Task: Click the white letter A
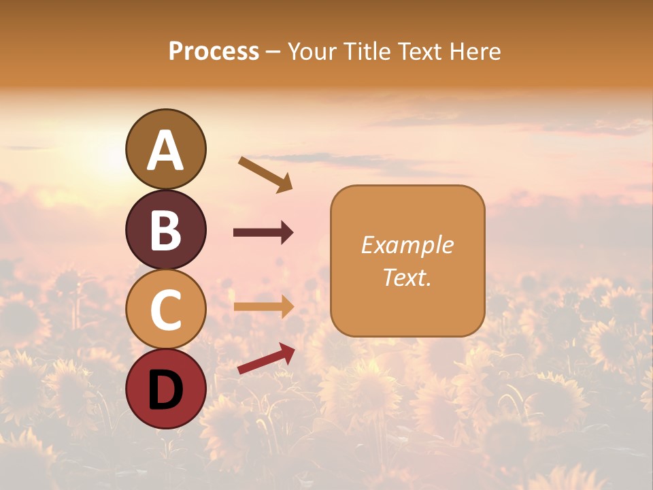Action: pyautogui.click(x=165, y=150)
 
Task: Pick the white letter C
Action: pyautogui.click(x=165, y=310)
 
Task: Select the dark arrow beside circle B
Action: pyautogui.click(x=263, y=233)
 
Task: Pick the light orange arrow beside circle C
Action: pyautogui.click(x=263, y=307)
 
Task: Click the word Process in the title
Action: pyautogui.click(x=214, y=52)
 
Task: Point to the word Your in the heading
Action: pyautogui.click(x=313, y=52)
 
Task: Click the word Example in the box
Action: pyautogui.click(x=407, y=245)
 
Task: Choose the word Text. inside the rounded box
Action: pyautogui.click(x=407, y=277)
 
